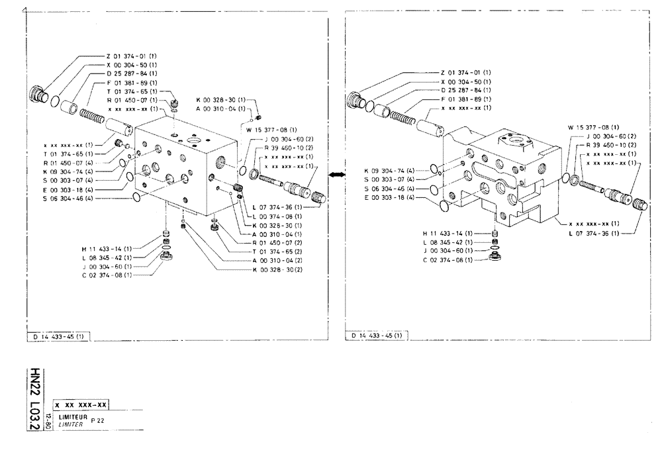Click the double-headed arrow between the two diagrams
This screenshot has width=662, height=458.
pyautogui.click(x=337, y=174)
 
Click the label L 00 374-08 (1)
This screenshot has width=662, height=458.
pyautogui.click(x=277, y=216)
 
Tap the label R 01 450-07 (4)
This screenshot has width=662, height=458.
pyautogui.click(x=68, y=161)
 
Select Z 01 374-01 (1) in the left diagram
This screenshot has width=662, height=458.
pyautogui.click(x=131, y=57)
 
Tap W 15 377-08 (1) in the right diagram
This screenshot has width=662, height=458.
pyautogui.click(x=594, y=126)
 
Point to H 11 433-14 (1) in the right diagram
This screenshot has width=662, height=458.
pyautogui.click(x=448, y=233)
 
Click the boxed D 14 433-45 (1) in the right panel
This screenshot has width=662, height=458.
pyautogui.click(x=377, y=336)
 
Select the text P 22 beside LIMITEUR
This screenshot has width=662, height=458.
pyautogui.click(x=98, y=420)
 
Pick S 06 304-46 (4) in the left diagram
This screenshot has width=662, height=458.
pyautogui.click(x=68, y=198)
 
